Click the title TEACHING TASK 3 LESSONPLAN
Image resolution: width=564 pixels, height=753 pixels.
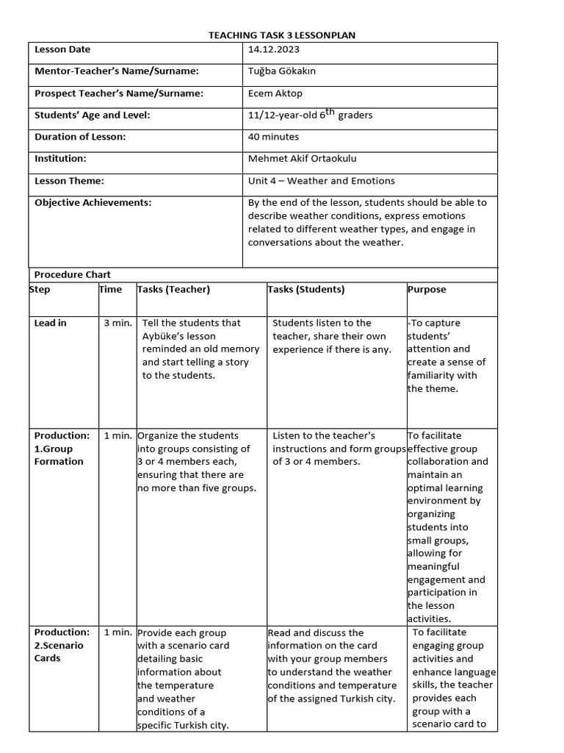click(x=282, y=35)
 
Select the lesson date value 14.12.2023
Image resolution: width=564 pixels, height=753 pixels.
click(x=274, y=49)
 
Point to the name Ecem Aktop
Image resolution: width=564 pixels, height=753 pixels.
click(x=275, y=93)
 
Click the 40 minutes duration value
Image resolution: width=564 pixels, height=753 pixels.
click(x=273, y=137)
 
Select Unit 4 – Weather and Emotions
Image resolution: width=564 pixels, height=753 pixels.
click(x=321, y=180)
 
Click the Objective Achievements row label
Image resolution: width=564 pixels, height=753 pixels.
click(x=93, y=202)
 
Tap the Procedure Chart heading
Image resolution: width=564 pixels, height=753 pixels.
click(x=72, y=274)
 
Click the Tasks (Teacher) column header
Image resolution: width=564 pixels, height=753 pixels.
click(x=173, y=289)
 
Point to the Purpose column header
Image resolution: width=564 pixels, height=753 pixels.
click(x=427, y=289)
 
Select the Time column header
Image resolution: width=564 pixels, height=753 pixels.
click(x=110, y=289)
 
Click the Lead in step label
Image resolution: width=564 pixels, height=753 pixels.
click(x=50, y=323)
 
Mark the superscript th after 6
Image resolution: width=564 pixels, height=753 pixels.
click(x=330, y=112)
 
